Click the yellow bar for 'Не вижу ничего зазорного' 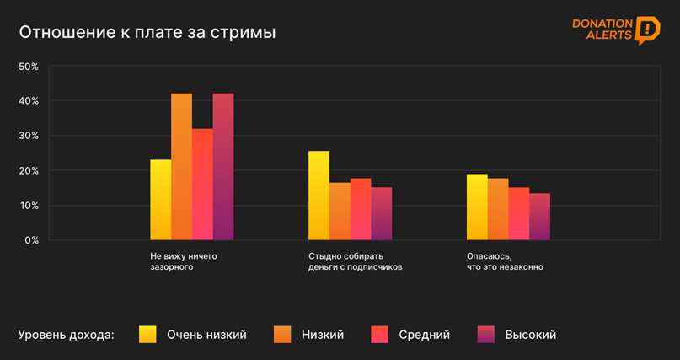[x=161, y=201]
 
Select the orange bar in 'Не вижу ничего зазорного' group [x=182, y=167]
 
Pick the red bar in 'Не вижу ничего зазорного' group [x=202, y=185]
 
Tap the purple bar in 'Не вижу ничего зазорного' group [x=223, y=167]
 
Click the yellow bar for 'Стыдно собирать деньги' [x=319, y=196]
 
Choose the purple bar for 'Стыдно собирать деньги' [x=381, y=214]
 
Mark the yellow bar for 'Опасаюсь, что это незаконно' [x=477, y=207]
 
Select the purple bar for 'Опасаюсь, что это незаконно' [x=539, y=217]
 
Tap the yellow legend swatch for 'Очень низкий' [x=148, y=335]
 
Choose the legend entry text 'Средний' [x=424, y=336]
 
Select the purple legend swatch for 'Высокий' [x=486, y=335]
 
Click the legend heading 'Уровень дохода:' [x=67, y=336]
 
